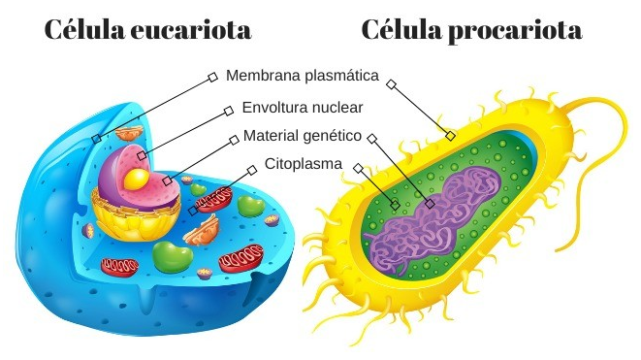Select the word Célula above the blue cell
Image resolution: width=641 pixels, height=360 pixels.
click(x=80, y=31)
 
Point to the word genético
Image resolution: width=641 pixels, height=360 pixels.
click(x=335, y=136)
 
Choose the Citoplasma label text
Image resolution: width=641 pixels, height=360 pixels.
click(x=303, y=165)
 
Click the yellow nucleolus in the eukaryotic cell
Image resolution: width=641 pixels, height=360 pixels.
click(x=139, y=177)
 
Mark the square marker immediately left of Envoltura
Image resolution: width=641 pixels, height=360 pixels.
click(x=229, y=109)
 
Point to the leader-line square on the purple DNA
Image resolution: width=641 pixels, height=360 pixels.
click(x=431, y=205)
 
